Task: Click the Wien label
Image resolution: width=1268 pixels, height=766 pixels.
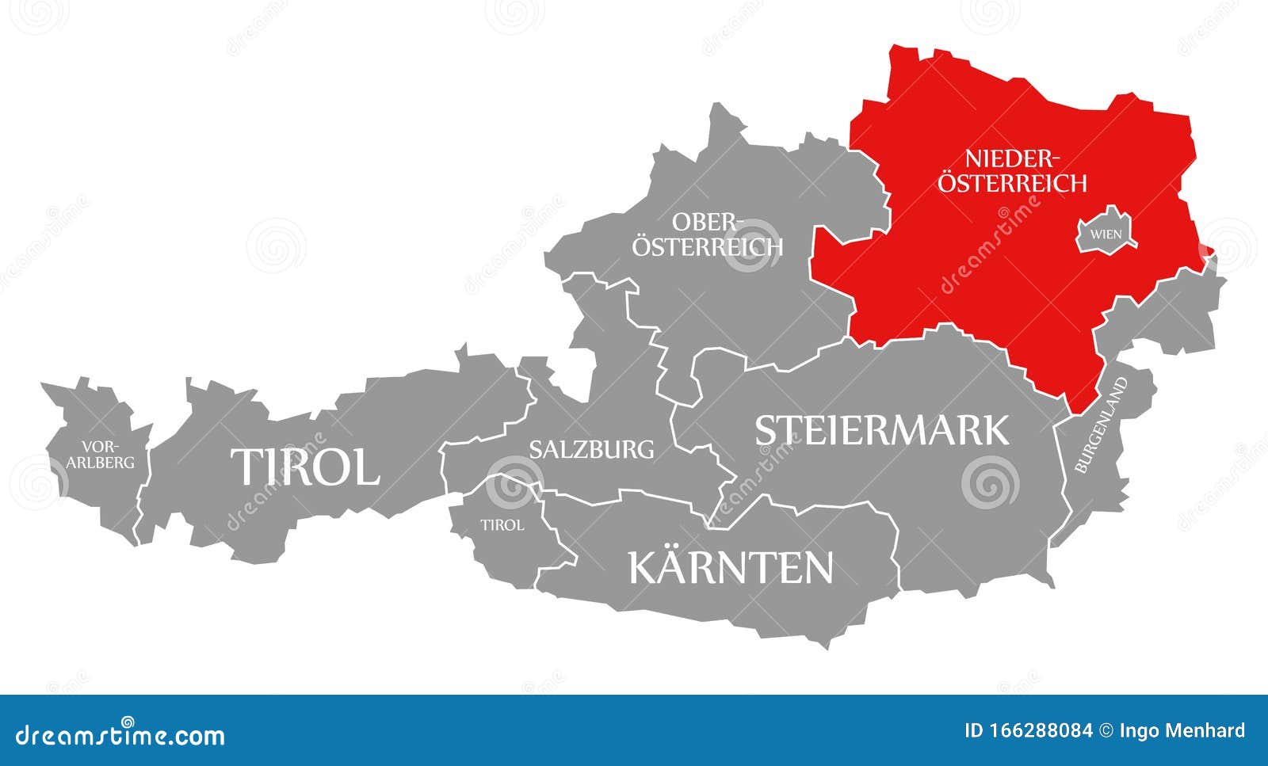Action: tap(1106, 234)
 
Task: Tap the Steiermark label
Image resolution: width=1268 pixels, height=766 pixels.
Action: tap(881, 430)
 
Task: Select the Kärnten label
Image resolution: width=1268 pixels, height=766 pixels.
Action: tap(731, 567)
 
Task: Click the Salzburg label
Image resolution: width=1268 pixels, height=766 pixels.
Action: tap(591, 449)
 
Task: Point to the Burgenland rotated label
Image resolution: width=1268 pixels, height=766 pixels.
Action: tap(1101, 425)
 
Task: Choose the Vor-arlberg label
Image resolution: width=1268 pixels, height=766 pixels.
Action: tap(101, 454)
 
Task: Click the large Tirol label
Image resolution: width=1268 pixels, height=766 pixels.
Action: tap(305, 466)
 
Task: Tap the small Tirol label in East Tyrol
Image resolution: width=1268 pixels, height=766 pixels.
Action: tap(502, 524)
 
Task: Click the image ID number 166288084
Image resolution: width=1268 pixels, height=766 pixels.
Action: tap(1042, 730)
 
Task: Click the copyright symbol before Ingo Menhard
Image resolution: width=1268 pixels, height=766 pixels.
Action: tap(1108, 730)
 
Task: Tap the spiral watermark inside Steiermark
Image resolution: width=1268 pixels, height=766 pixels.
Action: tap(989, 482)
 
